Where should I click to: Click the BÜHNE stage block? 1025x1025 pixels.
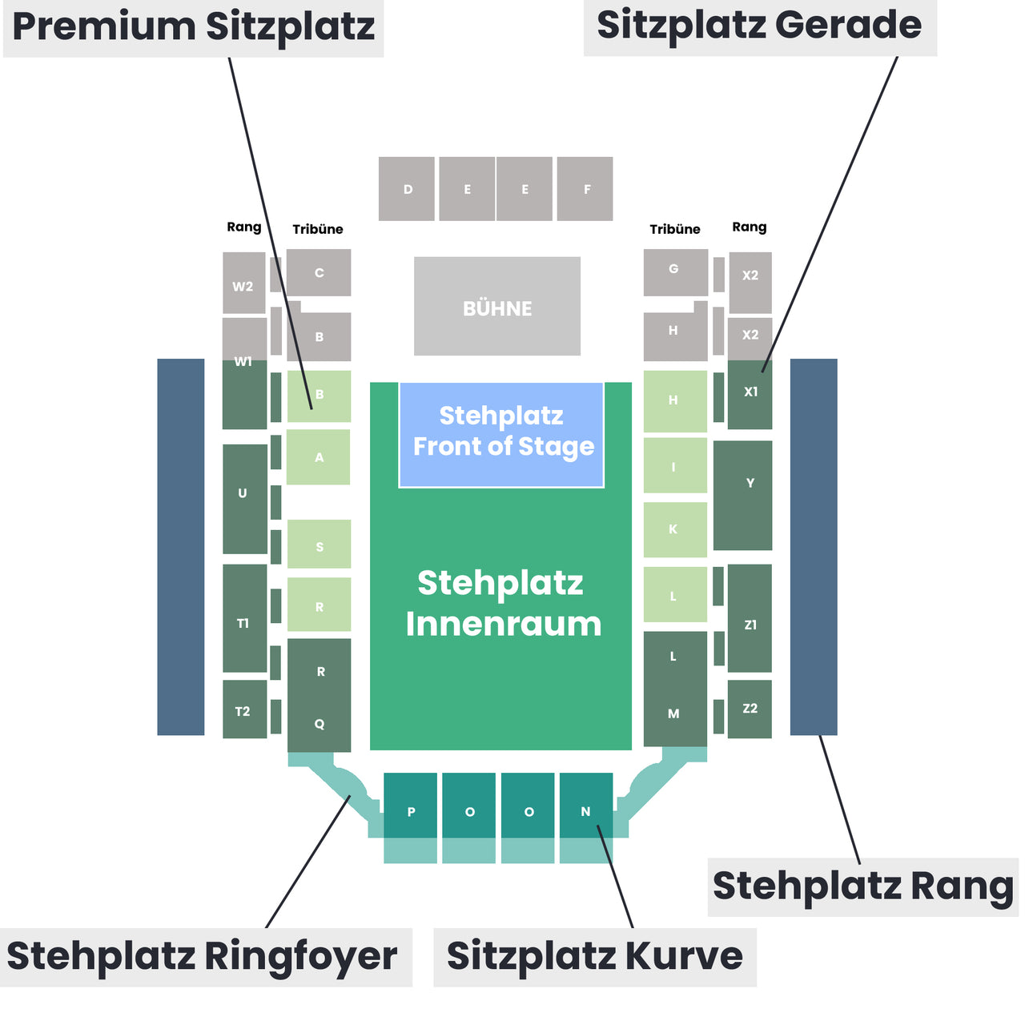pos(496,306)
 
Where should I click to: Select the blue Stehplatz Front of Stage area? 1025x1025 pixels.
pos(501,434)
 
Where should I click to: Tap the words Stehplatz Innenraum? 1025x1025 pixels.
pos(503,603)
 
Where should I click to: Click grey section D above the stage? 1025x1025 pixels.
pos(406,189)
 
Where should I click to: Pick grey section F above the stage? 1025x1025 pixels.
pos(585,189)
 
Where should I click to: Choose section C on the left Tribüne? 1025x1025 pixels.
pos(319,272)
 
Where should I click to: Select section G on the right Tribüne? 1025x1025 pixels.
pos(676,272)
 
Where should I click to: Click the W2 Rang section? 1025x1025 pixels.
pos(243,283)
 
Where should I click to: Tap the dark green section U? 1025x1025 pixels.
pos(245,499)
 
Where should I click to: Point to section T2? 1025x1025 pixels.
pos(245,709)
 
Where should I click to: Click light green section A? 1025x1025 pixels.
pos(318,457)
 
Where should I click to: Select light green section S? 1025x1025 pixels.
pos(320,544)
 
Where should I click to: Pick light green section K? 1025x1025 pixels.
pos(675,530)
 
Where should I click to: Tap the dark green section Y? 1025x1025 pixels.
pos(742,495)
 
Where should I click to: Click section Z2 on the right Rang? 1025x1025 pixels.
pos(750,709)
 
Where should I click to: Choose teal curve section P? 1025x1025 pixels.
pos(410,806)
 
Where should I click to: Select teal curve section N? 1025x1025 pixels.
pos(586,806)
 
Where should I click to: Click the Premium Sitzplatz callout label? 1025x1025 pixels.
pos(194,29)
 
